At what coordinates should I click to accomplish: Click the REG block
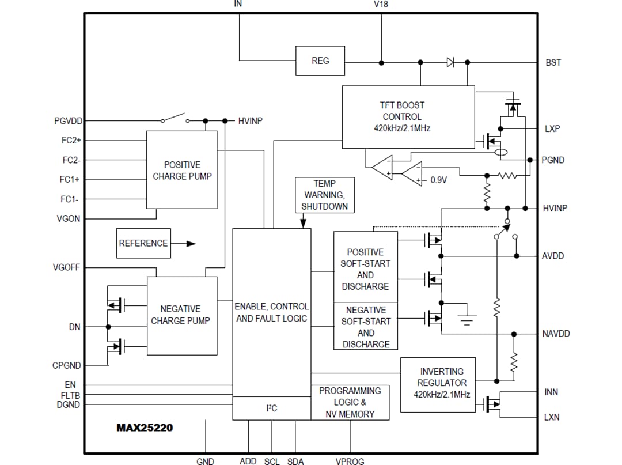pos(320,61)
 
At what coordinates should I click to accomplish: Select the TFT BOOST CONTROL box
pos(408,117)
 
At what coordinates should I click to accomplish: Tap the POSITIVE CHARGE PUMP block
pos(182,170)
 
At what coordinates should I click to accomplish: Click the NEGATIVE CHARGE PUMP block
pos(182,315)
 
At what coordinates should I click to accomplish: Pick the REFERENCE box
pos(143,243)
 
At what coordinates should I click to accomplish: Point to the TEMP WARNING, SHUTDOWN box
pos(324,195)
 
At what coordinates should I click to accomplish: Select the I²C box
pos(272,408)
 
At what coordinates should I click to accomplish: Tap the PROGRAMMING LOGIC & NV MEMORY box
pos(350,402)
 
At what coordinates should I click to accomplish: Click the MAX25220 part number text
pos(145,428)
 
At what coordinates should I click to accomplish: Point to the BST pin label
pos(553,62)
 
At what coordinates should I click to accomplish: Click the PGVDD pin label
pos(69,121)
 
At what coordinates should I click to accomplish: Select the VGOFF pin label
pos(67,267)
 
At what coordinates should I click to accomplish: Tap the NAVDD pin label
pos(556,334)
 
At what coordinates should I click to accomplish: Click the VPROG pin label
pos(350,461)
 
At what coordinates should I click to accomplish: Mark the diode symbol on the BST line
pos(450,62)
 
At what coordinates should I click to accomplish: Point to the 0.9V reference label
pos(439,180)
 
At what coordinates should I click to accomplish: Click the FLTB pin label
pos(70,395)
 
